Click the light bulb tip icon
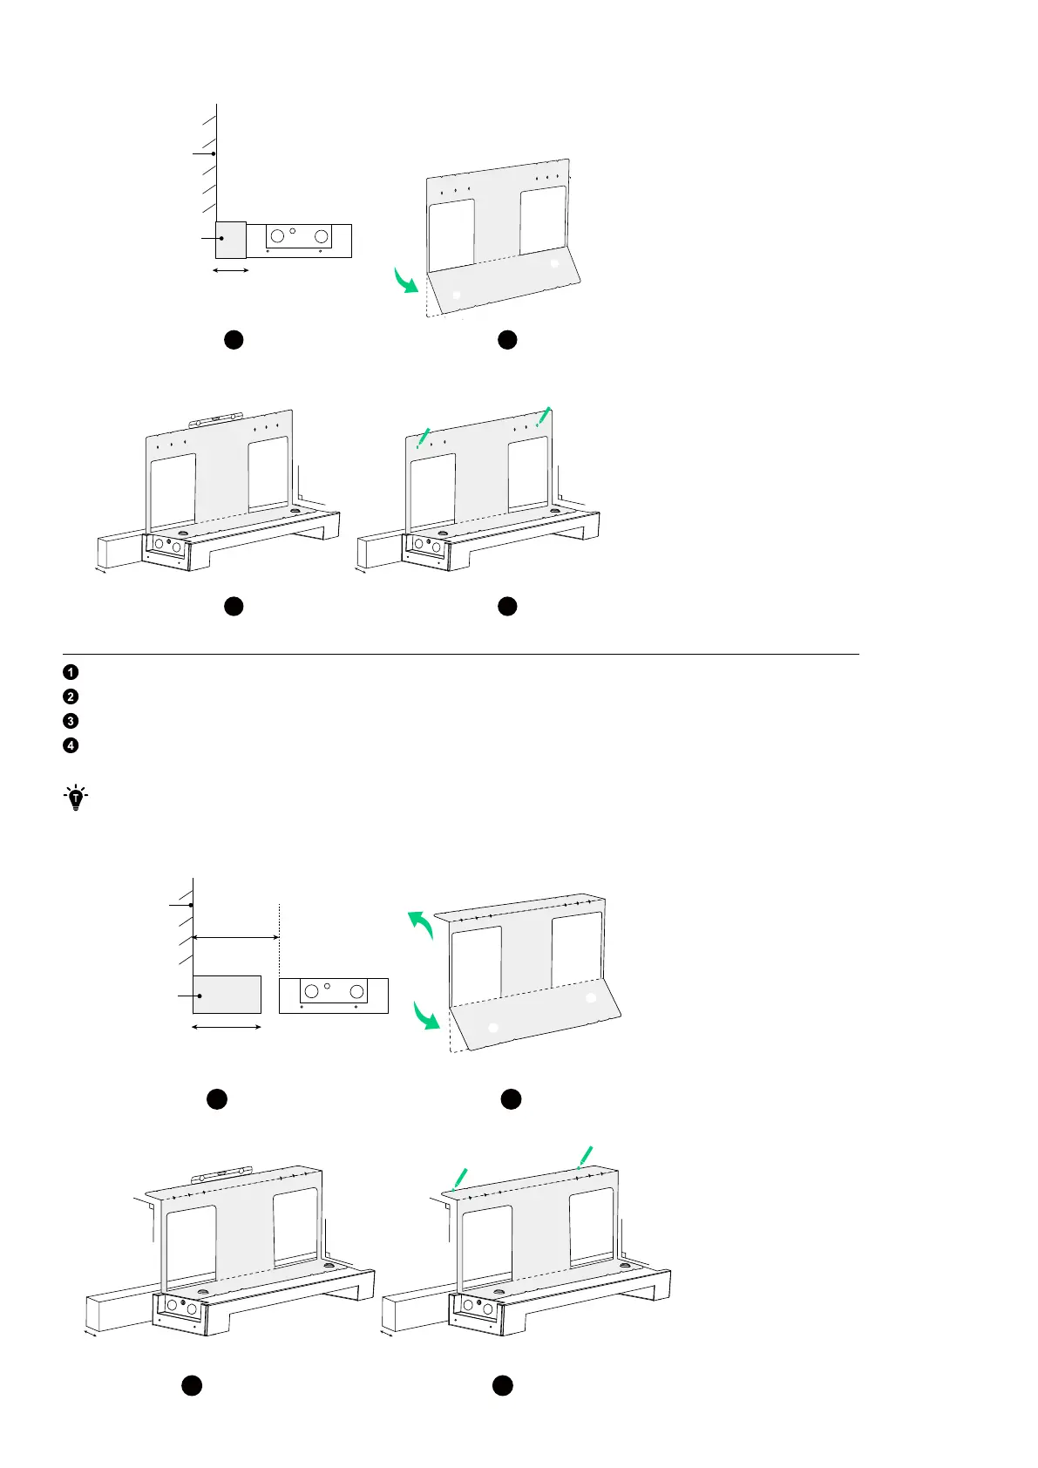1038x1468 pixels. [76, 799]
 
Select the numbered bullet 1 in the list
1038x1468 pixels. [71, 672]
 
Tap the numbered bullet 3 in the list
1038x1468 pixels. [71, 721]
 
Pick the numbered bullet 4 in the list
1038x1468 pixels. [71, 745]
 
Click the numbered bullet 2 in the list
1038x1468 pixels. [71, 697]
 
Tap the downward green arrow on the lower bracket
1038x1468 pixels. [425, 1015]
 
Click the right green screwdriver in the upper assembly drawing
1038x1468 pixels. [543, 417]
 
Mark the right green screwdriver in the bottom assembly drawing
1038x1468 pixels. [587, 1157]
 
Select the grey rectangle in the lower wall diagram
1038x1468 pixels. [227, 995]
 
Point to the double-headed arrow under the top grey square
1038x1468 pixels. [232, 270]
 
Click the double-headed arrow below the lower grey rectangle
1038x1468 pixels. [227, 1027]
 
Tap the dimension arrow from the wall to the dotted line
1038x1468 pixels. [235, 938]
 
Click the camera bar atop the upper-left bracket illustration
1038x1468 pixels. [215, 419]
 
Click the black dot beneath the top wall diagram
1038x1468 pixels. [233, 341]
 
